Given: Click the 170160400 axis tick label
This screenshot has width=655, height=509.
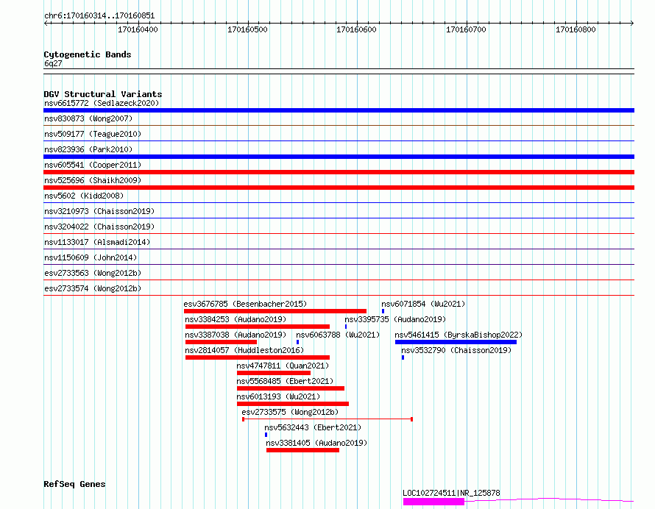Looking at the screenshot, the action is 138,29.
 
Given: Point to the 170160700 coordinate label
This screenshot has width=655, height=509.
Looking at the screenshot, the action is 466,29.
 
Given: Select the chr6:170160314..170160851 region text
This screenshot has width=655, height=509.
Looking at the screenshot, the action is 99,16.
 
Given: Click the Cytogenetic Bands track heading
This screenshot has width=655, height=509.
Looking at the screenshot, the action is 88,54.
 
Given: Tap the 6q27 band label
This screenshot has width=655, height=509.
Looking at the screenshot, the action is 53,63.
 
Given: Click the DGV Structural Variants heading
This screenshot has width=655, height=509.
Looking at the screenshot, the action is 103,94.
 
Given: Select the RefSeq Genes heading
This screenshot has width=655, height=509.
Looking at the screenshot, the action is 74,484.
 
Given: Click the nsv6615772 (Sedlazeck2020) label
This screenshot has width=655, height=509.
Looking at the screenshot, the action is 102,103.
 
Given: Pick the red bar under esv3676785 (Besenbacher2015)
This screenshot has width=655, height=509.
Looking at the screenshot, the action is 275,311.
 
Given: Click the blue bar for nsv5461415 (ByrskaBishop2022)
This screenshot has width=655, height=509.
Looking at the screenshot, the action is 456,342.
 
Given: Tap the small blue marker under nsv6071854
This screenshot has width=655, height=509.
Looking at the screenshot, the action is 383,311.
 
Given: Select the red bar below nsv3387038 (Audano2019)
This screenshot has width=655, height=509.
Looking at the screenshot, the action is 221,342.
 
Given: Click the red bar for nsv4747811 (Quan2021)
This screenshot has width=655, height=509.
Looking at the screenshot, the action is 274,373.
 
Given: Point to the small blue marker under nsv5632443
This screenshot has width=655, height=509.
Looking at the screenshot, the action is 266,435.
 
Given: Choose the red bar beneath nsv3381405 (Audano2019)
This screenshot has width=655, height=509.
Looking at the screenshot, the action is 303,450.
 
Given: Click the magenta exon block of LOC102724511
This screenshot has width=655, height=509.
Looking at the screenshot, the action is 433,502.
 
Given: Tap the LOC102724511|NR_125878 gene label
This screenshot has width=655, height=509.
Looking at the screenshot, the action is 451,493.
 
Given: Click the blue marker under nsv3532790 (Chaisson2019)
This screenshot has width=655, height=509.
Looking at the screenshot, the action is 403,357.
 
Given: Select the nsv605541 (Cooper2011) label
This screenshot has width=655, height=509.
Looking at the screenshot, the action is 93,165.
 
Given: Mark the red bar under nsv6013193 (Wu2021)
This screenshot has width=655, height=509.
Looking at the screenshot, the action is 293,404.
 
